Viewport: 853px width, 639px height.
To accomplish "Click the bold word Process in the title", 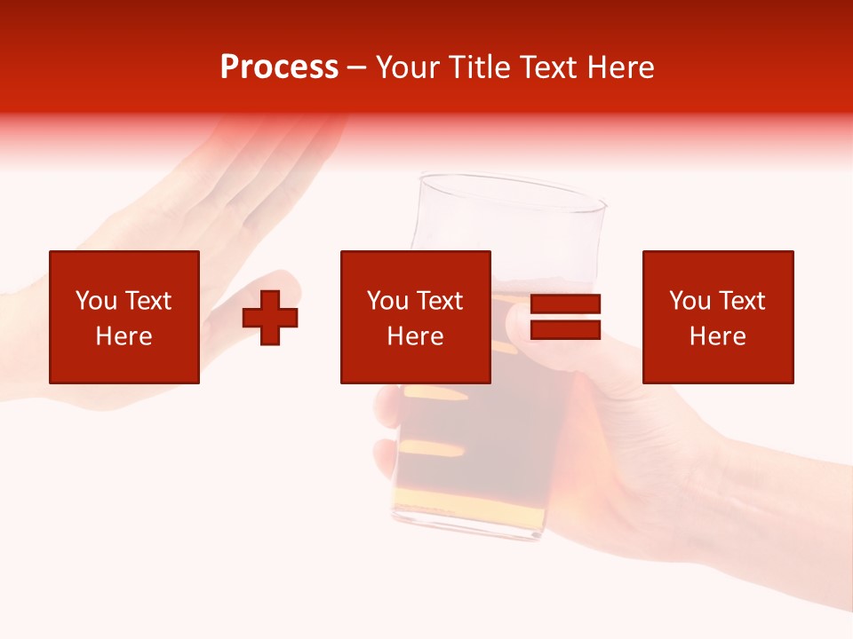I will click(279, 67).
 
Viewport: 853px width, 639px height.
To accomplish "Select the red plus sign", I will click(270, 318).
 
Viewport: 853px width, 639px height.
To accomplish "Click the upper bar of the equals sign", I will click(565, 304).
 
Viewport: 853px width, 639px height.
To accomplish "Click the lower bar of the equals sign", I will click(565, 329).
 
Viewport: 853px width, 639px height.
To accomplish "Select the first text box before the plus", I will click(124, 317).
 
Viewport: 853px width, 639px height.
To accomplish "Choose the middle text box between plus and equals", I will click(415, 317).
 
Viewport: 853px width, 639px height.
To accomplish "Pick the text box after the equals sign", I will click(717, 317).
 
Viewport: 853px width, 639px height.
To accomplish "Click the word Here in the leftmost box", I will click(124, 336).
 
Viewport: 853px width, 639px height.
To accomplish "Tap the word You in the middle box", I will click(387, 301).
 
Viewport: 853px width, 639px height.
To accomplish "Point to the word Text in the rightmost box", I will click(742, 301).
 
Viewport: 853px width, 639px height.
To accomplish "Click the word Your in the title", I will click(410, 67).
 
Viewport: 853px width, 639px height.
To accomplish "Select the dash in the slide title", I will click(356, 67).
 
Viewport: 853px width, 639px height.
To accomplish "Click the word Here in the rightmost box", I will click(717, 336).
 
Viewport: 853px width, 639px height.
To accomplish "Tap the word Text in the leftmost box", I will click(147, 301).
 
